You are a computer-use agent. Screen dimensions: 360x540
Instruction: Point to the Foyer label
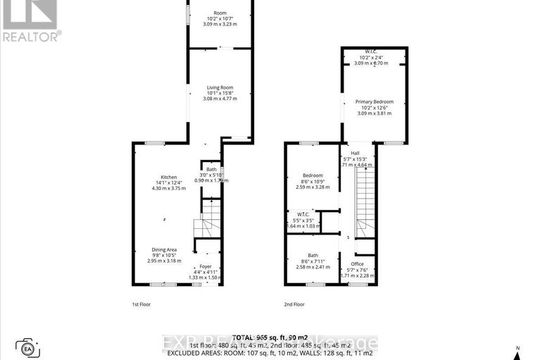point(205,266)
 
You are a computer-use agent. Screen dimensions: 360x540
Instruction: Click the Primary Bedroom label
point(374,101)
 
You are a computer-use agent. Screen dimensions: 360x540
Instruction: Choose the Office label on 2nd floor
point(358,264)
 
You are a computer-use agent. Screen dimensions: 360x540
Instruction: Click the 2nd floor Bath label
point(313,256)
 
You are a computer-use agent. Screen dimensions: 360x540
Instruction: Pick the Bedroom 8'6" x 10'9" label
point(313,175)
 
